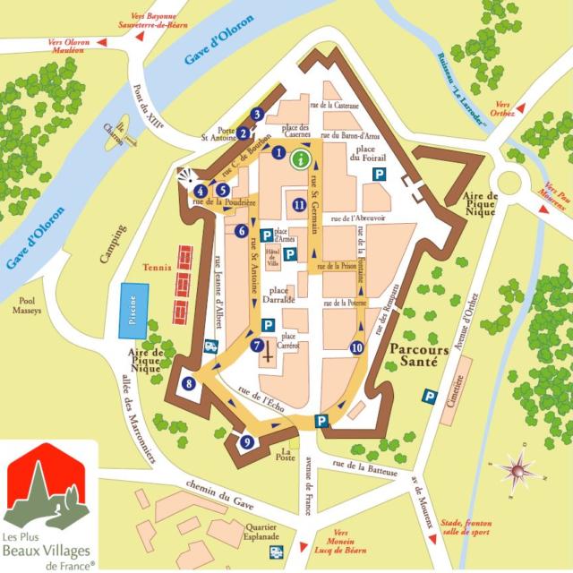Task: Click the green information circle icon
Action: point(302,159)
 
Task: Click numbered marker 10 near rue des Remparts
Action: point(357,347)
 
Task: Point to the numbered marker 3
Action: point(258,114)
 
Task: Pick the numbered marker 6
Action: point(241,231)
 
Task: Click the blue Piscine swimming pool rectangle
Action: point(133,311)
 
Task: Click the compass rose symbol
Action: point(517,467)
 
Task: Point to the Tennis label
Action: point(155,265)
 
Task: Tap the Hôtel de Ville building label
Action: point(271,261)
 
